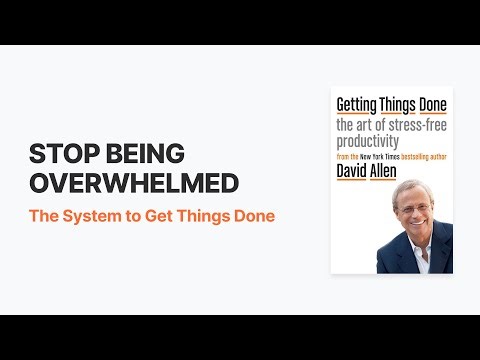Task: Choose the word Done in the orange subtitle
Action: pos(254,215)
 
